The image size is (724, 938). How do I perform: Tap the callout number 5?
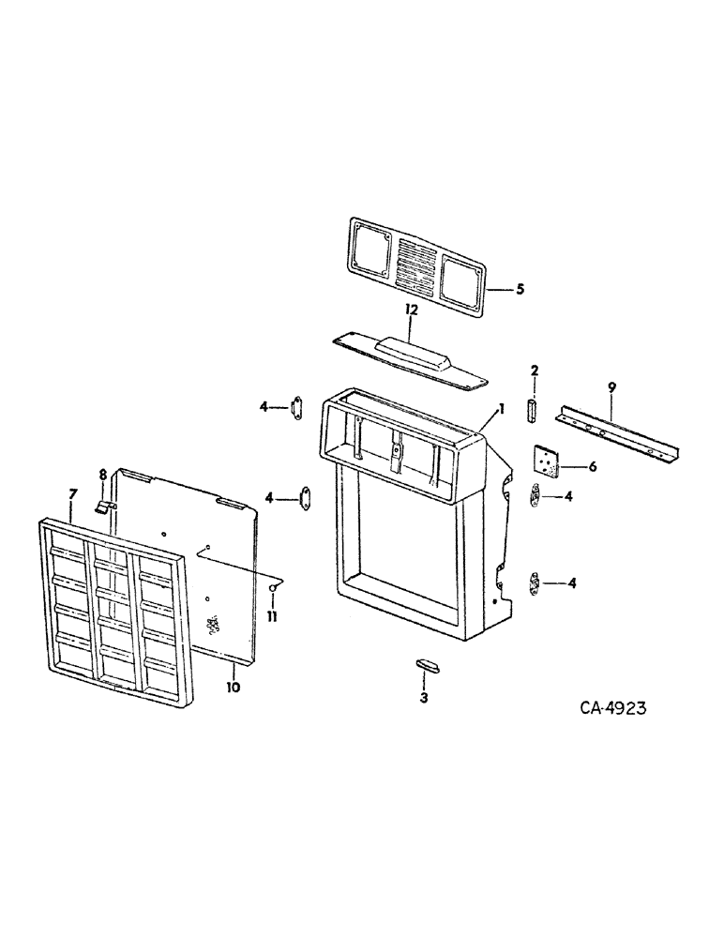pyautogui.click(x=520, y=289)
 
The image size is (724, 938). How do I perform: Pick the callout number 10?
pyautogui.click(x=233, y=687)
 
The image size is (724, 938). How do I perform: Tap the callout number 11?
pyautogui.click(x=273, y=618)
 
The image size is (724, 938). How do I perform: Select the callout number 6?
pyautogui.click(x=593, y=466)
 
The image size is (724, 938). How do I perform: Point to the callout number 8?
pyautogui.click(x=103, y=475)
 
